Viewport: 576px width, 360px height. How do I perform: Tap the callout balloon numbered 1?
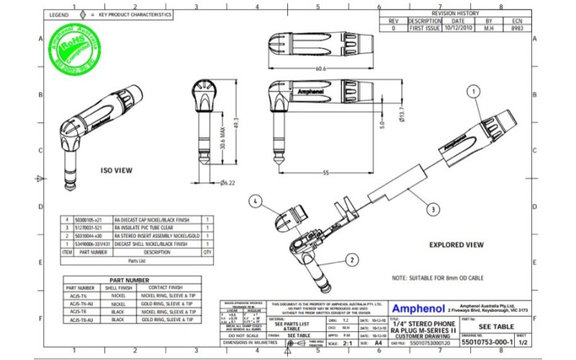pyautogui.click(x=473, y=91)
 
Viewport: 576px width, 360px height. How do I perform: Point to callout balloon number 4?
pyautogui.click(x=256, y=202)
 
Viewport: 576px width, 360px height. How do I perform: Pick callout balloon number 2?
pyautogui.click(x=351, y=258)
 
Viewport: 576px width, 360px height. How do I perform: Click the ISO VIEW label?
pyautogui.click(x=115, y=171)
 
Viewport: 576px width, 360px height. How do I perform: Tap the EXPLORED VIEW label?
pyautogui.click(x=457, y=245)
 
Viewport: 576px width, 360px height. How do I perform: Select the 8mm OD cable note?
pyautogui.click(x=438, y=277)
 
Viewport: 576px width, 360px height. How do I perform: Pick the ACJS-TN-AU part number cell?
pyautogui.click(x=79, y=304)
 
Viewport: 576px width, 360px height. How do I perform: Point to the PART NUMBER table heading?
pyautogui.click(x=129, y=279)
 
